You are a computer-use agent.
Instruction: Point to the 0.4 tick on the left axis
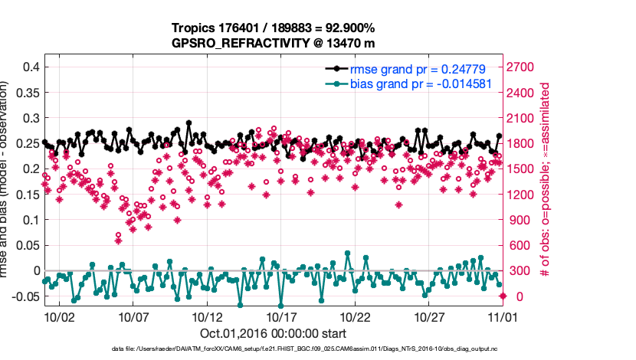tap(28, 67)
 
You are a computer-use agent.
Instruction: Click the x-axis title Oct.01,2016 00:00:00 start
tap(274, 333)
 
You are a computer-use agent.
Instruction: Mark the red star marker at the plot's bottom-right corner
tap(503, 296)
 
